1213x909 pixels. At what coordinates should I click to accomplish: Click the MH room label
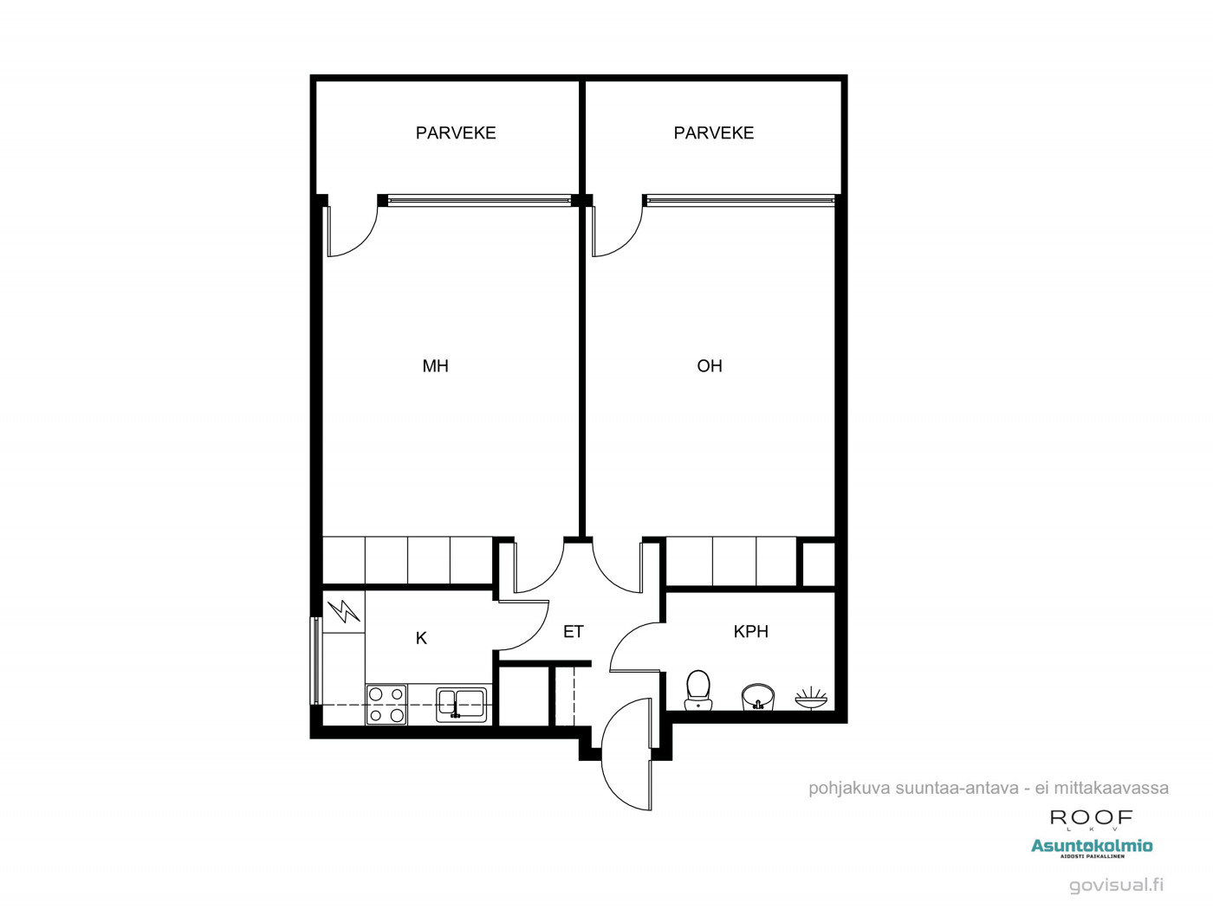(435, 366)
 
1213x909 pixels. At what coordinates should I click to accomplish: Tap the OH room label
(710, 366)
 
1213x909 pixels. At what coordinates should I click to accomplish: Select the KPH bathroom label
(750, 631)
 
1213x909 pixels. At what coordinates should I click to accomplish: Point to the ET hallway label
(573, 631)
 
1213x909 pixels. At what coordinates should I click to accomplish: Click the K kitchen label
(421, 639)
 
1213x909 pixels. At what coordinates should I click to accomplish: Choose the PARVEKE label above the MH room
(456, 133)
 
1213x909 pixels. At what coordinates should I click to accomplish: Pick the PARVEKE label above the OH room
(713, 133)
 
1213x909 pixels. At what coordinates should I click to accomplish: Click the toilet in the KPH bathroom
(698, 691)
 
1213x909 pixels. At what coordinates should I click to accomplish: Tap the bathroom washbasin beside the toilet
(757, 697)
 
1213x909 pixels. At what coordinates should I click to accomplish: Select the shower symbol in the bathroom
(811, 698)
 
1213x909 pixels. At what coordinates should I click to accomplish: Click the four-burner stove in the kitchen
(386, 705)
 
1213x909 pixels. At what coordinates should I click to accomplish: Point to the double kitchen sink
(462, 704)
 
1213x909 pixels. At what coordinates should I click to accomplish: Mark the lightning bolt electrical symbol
(343, 611)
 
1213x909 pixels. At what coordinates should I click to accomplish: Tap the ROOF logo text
(1092, 818)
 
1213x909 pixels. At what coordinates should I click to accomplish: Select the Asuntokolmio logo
(1092, 848)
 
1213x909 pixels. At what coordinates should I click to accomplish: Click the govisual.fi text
(1116, 886)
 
